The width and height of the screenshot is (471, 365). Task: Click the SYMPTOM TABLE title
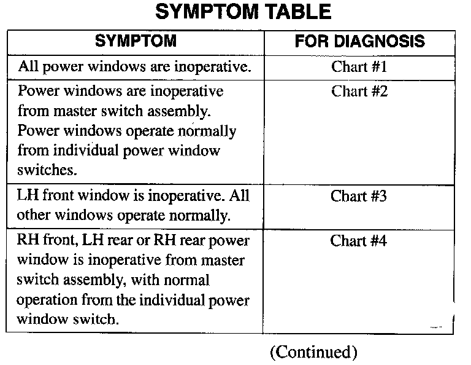pyautogui.click(x=243, y=12)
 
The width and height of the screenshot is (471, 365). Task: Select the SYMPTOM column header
pyautogui.click(x=136, y=42)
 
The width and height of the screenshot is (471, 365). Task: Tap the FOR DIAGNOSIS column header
pyautogui.click(x=359, y=42)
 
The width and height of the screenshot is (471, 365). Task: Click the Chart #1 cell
pyautogui.click(x=359, y=66)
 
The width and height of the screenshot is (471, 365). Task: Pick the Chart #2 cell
pyautogui.click(x=359, y=92)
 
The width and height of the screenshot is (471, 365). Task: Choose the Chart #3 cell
pyautogui.click(x=359, y=197)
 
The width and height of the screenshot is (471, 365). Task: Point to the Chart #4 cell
pyautogui.click(x=359, y=241)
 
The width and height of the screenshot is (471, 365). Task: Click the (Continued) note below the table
pyautogui.click(x=313, y=351)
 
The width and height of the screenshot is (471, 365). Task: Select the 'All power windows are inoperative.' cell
pyautogui.click(x=135, y=66)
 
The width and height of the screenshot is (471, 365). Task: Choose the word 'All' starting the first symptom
pyautogui.click(x=28, y=66)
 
